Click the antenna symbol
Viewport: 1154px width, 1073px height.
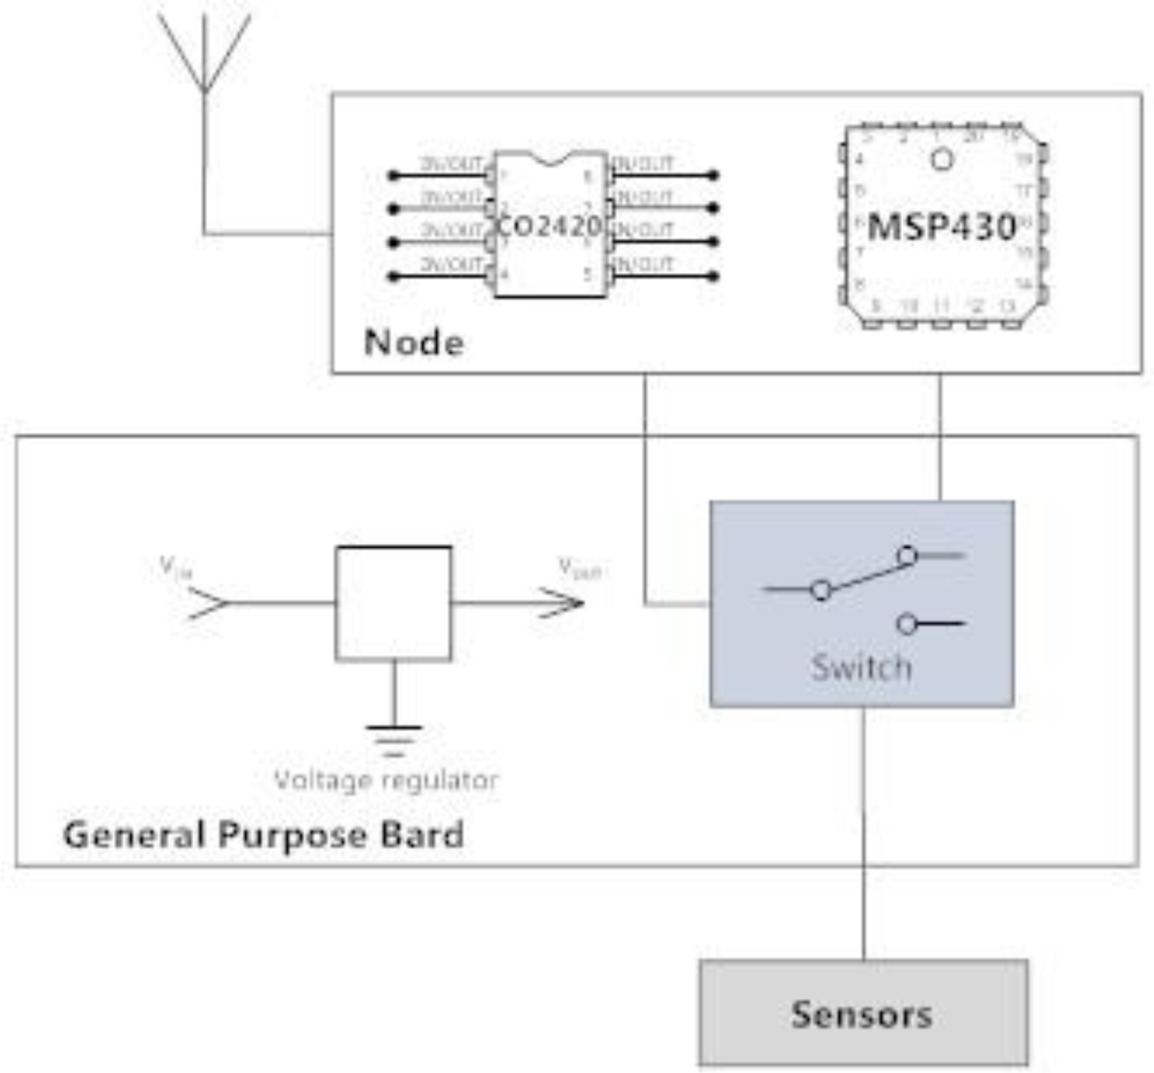pyautogui.click(x=205, y=54)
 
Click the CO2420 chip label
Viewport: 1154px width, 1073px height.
pyautogui.click(x=549, y=227)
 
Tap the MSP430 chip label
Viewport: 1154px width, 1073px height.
pyautogui.click(x=942, y=227)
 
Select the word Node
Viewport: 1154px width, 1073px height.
pyautogui.click(x=414, y=343)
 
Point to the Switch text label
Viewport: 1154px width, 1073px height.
pyautogui.click(x=861, y=667)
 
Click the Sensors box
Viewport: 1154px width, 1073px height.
pyautogui.click(x=862, y=1014)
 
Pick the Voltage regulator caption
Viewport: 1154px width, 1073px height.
pyautogui.click(x=385, y=780)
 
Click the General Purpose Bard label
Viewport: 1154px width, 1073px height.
pyautogui.click(x=263, y=836)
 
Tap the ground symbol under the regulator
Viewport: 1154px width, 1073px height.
pyautogui.click(x=393, y=739)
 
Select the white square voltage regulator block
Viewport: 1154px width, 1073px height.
pyautogui.click(x=393, y=604)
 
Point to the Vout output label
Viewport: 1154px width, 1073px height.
pyautogui.click(x=580, y=567)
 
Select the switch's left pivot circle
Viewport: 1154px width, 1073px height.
pyautogui.click(x=821, y=590)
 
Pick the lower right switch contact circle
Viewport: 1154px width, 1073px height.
pyautogui.click(x=907, y=624)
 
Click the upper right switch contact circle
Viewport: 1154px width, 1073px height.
pyautogui.click(x=907, y=557)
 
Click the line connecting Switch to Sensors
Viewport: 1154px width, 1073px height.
pyautogui.click(x=863, y=834)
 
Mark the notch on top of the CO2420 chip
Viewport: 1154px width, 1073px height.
pyautogui.click(x=550, y=159)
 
